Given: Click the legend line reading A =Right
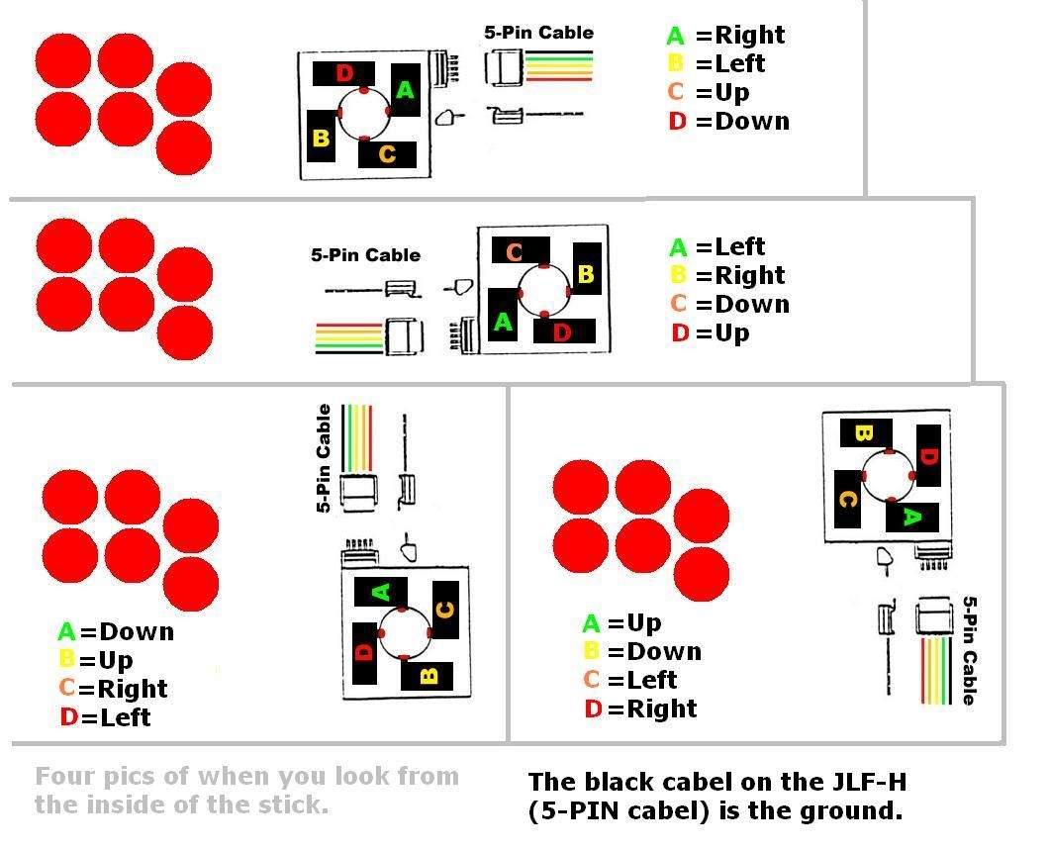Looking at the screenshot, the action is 725,35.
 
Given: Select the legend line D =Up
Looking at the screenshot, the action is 710,332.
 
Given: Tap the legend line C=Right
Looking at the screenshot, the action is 113,689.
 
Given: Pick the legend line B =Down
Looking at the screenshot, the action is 642,651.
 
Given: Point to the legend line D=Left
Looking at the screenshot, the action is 105,717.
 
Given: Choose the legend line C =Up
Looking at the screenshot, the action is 709,92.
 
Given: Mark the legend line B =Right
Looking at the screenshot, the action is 727,275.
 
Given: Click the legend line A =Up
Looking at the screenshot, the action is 622,623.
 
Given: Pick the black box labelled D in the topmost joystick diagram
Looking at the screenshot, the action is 343,73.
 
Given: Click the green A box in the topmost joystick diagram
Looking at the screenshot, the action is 406,90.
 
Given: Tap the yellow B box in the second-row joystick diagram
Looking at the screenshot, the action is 587,274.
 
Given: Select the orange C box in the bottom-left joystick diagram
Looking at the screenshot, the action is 445,610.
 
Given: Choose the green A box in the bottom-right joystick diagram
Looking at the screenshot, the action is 911,517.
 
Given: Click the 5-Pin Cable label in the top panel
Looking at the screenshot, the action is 538,33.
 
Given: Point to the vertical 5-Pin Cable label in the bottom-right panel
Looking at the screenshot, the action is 969,650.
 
